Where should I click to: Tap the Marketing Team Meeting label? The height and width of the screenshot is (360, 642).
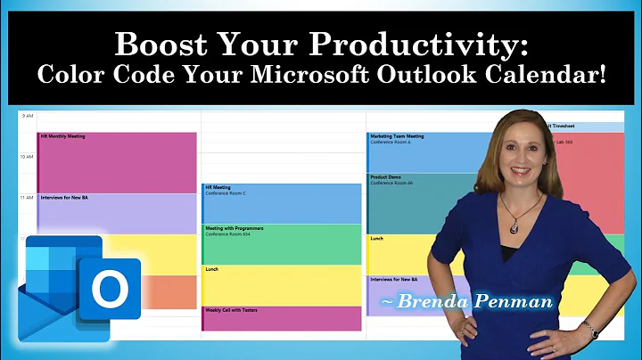397,136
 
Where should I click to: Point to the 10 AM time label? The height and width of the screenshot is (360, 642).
26,157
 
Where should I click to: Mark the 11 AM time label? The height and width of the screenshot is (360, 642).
26,197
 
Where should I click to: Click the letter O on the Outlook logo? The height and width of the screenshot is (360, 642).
111,288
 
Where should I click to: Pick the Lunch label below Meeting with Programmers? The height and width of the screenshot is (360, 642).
211,269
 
